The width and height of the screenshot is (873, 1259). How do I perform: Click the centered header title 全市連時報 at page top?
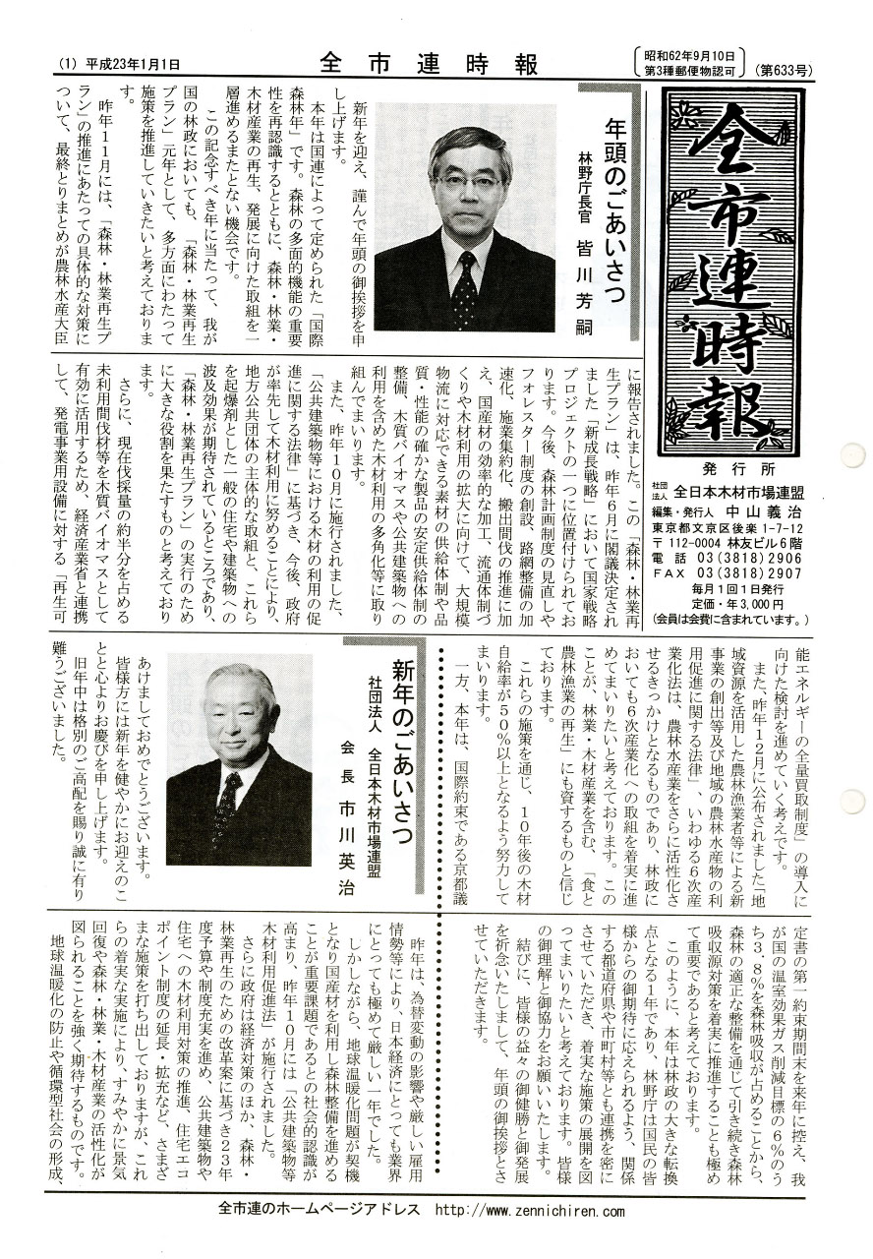pyautogui.click(x=430, y=66)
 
